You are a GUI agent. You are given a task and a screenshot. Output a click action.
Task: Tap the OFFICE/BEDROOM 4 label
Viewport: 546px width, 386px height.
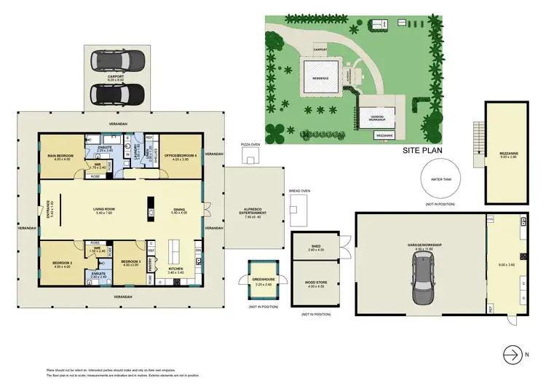(181, 155)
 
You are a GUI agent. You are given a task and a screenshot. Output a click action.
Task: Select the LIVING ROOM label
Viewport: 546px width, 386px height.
(106, 210)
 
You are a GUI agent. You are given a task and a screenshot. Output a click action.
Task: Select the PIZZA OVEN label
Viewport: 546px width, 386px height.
(251, 145)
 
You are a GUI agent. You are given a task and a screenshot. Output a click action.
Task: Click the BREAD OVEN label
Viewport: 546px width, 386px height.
(300, 191)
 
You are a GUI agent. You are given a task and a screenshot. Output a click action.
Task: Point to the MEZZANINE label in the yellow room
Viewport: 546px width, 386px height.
(508, 154)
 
